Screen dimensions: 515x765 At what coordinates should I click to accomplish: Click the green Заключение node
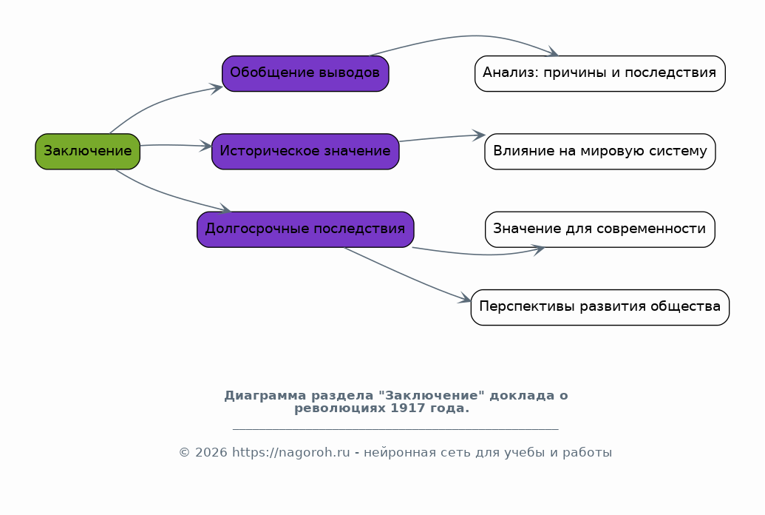point(87,152)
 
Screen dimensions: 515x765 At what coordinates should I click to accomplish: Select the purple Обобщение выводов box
point(305,73)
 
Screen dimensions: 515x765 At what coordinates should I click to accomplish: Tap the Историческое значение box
point(305,152)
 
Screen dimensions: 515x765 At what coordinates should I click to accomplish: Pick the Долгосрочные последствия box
point(305,229)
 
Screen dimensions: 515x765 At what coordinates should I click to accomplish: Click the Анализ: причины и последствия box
point(599,73)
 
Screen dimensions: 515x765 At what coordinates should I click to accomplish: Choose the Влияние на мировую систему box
point(599,152)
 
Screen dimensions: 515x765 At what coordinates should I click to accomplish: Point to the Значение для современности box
point(599,229)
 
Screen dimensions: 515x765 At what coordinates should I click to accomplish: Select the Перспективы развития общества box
point(599,307)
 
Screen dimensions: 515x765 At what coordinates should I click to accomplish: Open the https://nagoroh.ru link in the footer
point(290,453)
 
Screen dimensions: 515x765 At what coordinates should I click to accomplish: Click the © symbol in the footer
point(184,453)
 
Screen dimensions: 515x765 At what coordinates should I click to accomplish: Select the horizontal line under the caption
point(395,428)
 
